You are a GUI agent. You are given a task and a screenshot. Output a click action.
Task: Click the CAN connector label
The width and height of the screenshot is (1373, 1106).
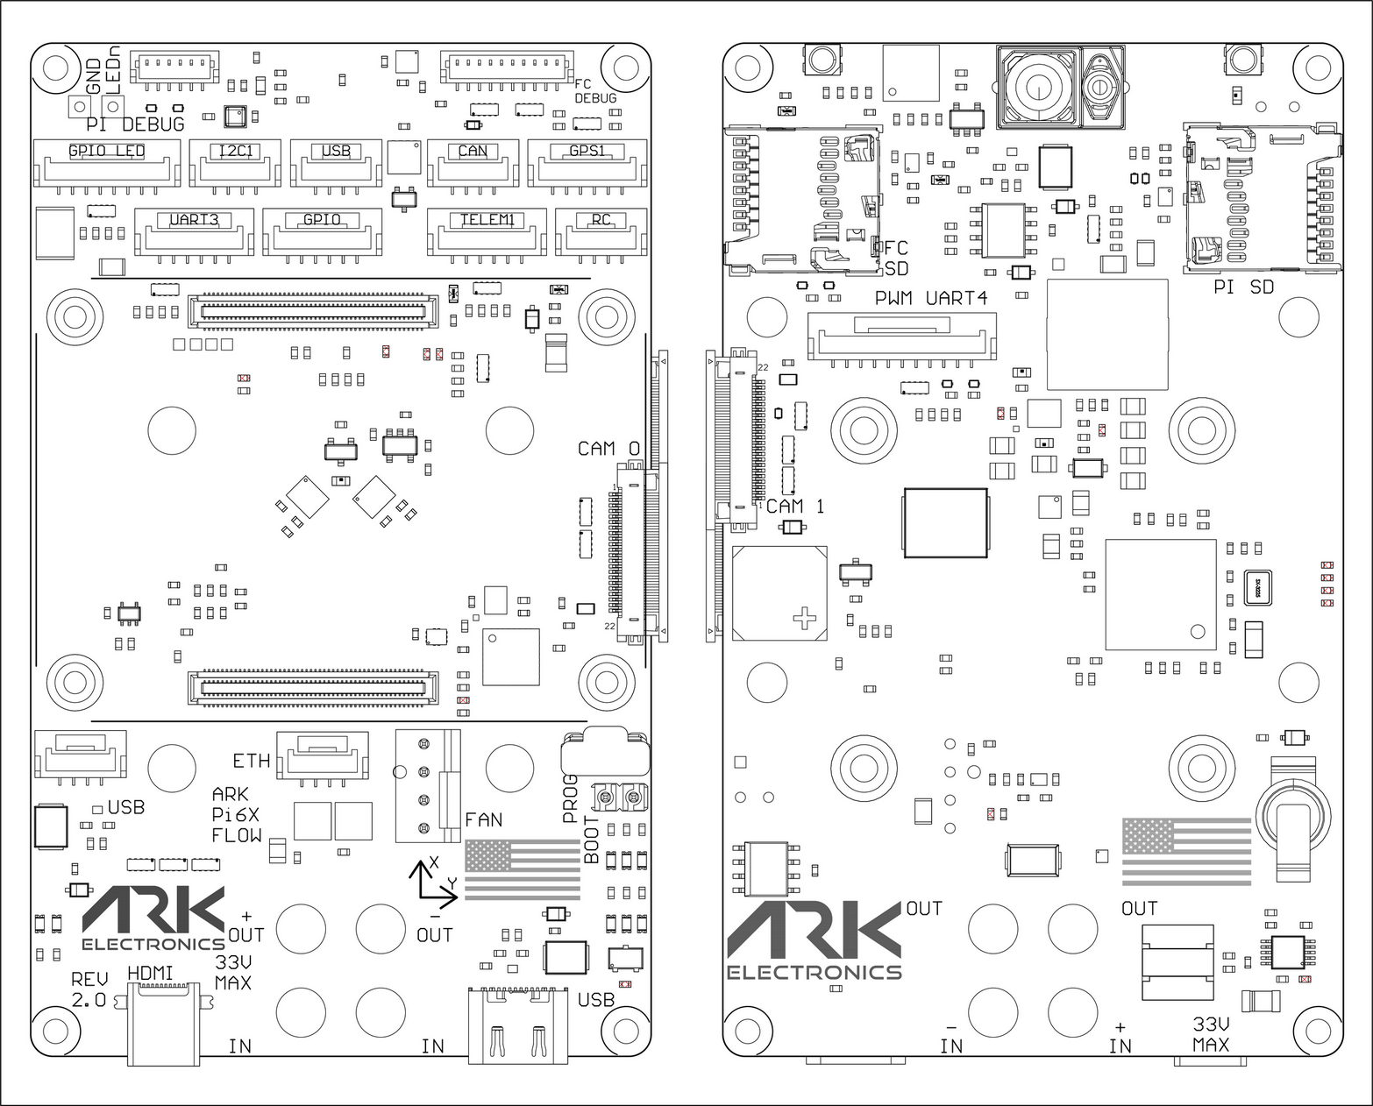[473, 151]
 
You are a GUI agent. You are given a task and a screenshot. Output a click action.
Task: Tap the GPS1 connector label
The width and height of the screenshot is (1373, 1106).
[587, 151]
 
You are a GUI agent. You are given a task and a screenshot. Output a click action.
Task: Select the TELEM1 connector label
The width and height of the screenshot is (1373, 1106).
[487, 219]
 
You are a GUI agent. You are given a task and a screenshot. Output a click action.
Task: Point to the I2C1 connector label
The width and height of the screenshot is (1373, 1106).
[235, 151]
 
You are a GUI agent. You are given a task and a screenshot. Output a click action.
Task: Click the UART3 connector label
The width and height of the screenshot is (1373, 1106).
[194, 219]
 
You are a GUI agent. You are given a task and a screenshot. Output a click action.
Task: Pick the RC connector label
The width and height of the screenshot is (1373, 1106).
[601, 219]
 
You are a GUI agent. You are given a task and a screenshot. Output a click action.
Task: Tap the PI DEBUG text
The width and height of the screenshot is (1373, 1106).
[135, 124]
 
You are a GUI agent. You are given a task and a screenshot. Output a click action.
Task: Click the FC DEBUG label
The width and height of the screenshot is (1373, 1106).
[595, 91]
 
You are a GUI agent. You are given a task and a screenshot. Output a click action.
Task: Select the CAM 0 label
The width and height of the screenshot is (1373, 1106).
[608, 449]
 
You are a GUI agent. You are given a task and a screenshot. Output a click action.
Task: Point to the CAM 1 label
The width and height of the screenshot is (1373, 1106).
[794, 506]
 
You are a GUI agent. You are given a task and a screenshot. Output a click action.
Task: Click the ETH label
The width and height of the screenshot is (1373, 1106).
[251, 760]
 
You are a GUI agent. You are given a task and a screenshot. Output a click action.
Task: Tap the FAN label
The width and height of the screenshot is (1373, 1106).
[483, 819]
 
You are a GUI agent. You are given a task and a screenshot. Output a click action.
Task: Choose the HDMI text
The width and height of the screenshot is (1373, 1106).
[151, 973]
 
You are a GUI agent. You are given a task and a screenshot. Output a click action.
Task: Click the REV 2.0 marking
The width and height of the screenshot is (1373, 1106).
[89, 989]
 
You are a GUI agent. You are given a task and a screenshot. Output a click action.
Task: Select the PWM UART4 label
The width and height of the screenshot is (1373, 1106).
[930, 298]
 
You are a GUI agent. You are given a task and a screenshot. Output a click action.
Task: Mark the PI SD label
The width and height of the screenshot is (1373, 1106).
[1243, 287]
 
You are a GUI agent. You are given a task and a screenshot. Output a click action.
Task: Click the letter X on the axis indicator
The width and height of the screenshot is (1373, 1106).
[434, 863]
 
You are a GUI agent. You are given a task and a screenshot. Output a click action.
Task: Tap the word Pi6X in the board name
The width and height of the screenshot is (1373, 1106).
[235, 814]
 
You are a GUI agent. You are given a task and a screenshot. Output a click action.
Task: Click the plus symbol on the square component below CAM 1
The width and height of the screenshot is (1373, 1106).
[804, 619]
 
